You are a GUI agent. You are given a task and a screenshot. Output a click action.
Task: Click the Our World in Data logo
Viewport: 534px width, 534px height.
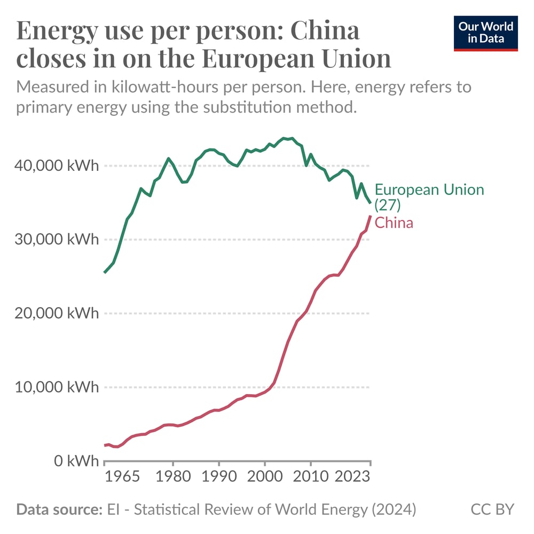(x=486, y=33)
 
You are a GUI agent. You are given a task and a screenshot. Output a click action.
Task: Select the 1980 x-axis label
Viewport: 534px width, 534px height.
(x=172, y=476)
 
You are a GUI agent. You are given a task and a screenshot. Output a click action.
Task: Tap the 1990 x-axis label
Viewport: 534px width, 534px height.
(x=218, y=476)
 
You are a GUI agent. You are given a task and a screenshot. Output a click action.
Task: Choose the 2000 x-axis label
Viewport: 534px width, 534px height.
(x=264, y=476)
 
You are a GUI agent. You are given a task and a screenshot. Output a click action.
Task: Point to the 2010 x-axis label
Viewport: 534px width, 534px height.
(x=310, y=476)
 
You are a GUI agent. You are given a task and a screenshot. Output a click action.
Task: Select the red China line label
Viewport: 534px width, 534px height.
(x=394, y=223)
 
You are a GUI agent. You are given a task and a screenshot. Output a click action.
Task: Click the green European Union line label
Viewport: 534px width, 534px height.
(x=429, y=197)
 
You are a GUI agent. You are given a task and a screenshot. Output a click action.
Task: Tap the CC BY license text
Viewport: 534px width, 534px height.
(x=492, y=509)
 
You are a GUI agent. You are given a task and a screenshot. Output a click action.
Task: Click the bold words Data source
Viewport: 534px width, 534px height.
(x=59, y=509)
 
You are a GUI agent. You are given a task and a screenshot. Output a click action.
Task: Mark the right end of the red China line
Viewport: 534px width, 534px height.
(x=370, y=216)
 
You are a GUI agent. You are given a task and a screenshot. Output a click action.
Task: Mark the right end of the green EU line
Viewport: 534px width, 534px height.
(x=370, y=202)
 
